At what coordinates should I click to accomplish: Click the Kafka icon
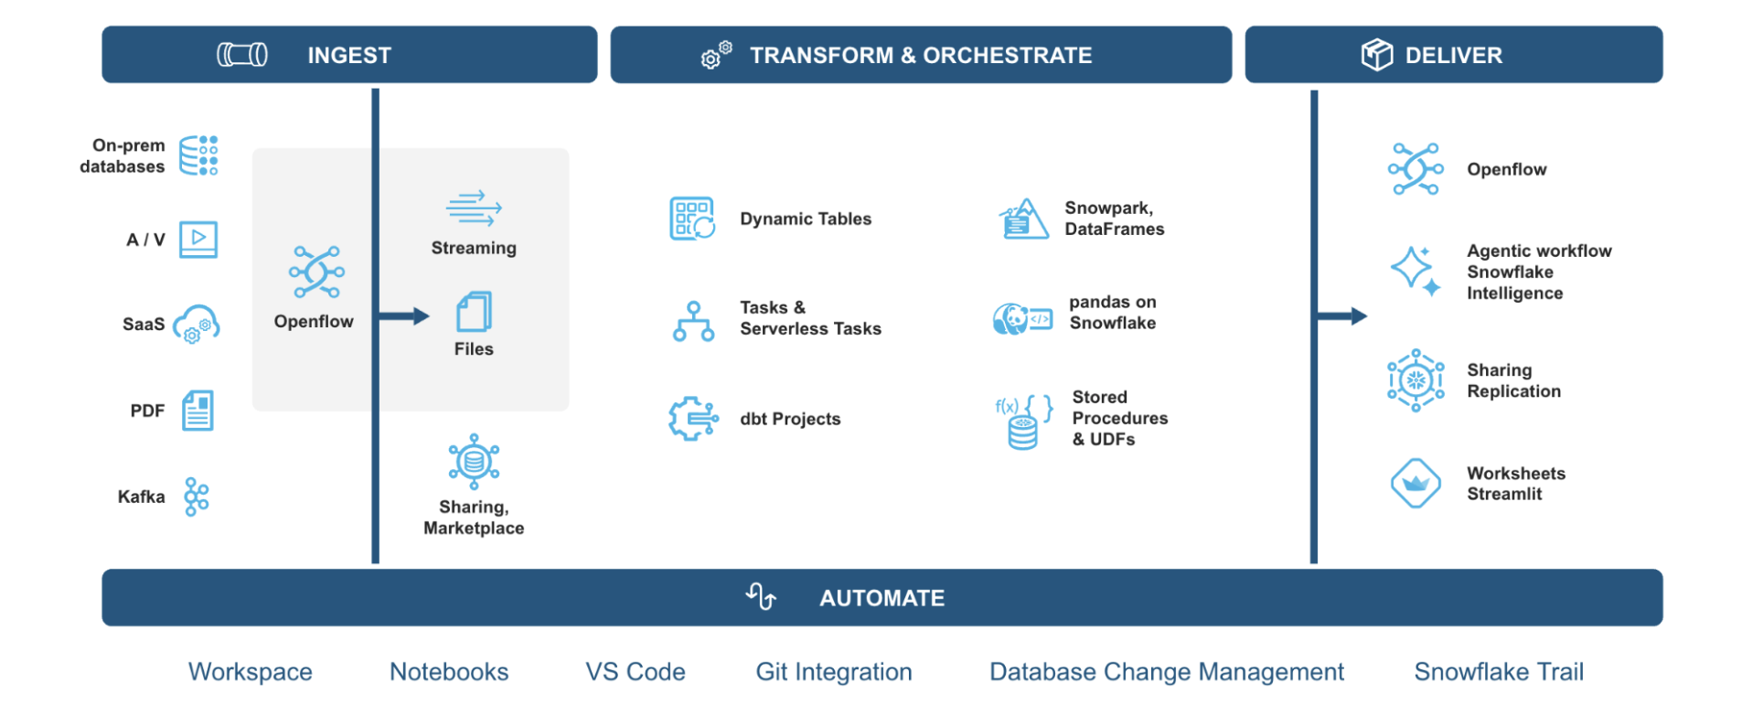click(x=197, y=496)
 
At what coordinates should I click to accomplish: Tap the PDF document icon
click(x=198, y=411)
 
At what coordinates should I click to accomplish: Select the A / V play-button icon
click(x=198, y=240)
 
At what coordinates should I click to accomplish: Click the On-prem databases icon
click(x=198, y=155)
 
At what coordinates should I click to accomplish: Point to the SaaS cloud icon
click(x=196, y=325)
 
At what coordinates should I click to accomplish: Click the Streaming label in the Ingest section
click(x=474, y=248)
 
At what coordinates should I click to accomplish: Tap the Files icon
click(x=474, y=312)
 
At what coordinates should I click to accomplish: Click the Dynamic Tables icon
click(x=692, y=219)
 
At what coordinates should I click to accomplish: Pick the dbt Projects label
click(x=790, y=419)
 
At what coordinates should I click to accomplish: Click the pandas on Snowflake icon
click(x=1022, y=319)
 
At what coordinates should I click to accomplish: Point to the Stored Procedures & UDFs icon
click(x=1023, y=421)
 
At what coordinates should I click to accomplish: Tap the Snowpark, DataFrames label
click(x=1114, y=219)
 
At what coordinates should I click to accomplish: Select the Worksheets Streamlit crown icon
click(x=1416, y=483)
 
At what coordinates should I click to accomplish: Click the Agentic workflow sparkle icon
click(x=1415, y=271)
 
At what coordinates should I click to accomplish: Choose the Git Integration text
click(x=833, y=672)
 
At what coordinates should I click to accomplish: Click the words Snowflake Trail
click(x=1498, y=672)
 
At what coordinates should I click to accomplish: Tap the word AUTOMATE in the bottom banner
click(x=881, y=598)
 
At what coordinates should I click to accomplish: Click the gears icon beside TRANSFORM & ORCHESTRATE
click(x=716, y=55)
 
